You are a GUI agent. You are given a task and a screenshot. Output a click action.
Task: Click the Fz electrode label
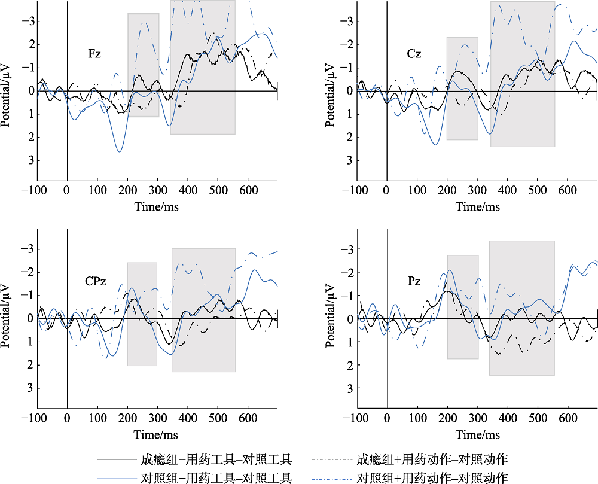tap(94, 54)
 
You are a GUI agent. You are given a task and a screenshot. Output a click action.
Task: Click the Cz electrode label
tap(414, 54)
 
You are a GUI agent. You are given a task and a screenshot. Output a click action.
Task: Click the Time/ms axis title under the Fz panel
tap(157, 206)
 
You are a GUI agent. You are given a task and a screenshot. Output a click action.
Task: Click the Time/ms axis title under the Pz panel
tap(477, 434)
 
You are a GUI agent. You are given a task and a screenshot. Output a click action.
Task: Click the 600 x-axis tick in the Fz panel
tap(248, 190)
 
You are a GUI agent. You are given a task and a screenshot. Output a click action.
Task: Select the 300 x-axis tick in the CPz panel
tap(157, 418)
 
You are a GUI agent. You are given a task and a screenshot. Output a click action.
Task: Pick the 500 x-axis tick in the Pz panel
tap(538, 418)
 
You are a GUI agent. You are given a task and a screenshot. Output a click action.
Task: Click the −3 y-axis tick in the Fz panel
tap(27, 22)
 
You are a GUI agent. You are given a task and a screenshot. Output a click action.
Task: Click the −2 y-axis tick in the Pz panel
tap(347, 272)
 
